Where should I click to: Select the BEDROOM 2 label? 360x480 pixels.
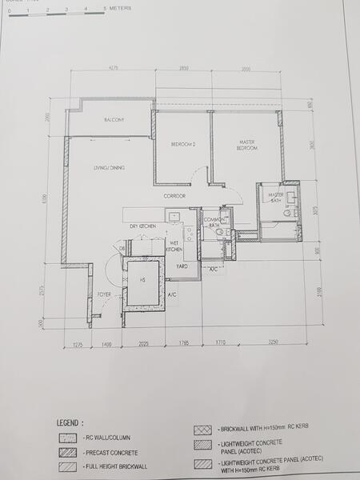(x=183, y=144)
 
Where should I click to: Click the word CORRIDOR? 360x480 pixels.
(x=175, y=196)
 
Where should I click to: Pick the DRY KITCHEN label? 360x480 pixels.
(x=142, y=226)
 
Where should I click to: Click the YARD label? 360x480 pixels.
(x=182, y=266)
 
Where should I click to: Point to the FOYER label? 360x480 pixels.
(x=104, y=295)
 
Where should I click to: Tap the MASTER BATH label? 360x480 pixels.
(x=276, y=196)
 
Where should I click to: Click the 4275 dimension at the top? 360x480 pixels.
(x=113, y=70)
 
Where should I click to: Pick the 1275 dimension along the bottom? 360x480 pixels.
(x=78, y=344)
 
